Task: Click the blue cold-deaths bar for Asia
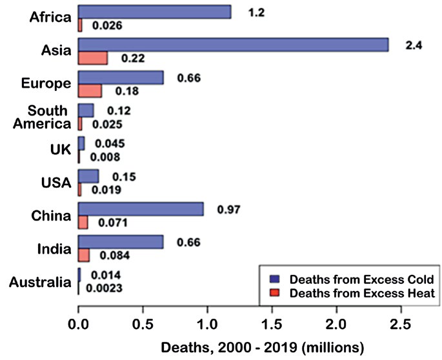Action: point(234,45)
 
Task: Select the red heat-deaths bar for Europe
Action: point(90,91)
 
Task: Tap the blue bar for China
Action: point(141,209)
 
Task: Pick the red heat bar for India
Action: point(84,255)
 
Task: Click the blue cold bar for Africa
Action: point(155,12)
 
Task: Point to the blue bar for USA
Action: point(88,176)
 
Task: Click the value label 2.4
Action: point(414,45)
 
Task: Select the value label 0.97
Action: point(228,210)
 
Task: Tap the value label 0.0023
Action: point(105,288)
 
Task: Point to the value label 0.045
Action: point(110,143)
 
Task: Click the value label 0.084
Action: point(115,255)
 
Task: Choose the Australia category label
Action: point(40,282)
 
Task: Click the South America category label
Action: point(42,117)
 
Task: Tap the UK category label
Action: point(61,150)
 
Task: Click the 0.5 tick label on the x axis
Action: point(143,325)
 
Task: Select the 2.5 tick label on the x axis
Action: point(401,325)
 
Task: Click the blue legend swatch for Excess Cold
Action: point(275,279)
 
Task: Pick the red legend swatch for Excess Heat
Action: point(275,293)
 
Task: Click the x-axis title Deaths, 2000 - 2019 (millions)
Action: point(263,348)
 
